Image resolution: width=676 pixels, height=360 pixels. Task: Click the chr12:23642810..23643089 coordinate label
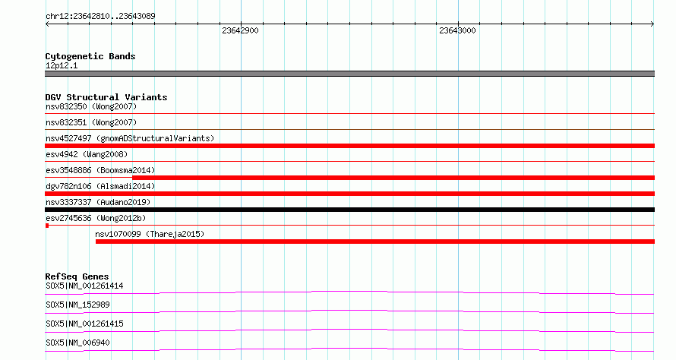pyautogui.click(x=100, y=17)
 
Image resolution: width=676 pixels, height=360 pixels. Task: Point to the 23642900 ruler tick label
pyautogui.click(x=240, y=30)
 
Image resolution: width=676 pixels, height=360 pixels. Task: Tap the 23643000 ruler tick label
pyautogui.click(x=457, y=30)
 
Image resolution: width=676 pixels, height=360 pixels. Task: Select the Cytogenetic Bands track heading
pyautogui.click(x=90, y=56)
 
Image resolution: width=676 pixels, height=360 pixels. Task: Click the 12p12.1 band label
pyautogui.click(x=62, y=65)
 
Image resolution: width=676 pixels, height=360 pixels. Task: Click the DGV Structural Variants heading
pyautogui.click(x=106, y=97)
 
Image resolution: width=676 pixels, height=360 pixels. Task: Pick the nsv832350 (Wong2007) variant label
pyautogui.click(x=91, y=106)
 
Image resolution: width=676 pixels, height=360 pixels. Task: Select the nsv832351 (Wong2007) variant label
pyautogui.click(x=91, y=122)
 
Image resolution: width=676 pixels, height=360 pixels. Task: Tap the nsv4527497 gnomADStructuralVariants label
pyautogui.click(x=130, y=138)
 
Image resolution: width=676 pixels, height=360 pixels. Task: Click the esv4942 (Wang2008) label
pyautogui.click(x=87, y=154)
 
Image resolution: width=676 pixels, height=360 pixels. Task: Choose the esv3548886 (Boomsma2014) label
pyautogui.click(x=100, y=170)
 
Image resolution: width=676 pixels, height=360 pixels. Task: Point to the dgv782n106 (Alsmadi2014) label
pyautogui.click(x=100, y=186)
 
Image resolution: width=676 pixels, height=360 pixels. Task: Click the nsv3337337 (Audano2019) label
pyautogui.click(x=98, y=202)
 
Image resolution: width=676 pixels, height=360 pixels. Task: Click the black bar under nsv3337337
pyautogui.click(x=349, y=210)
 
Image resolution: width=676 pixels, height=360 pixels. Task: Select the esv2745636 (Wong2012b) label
pyautogui.click(x=96, y=218)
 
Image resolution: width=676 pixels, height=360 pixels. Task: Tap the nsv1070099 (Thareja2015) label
pyautogui.click(x=150, y=234)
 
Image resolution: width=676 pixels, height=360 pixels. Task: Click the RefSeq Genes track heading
pyautogui.click(x=77, y=276)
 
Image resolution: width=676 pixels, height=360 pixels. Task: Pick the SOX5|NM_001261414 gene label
pyautogui.click(x=84, y=286)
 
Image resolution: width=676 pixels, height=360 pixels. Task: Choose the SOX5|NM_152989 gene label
pyautogui.click(x=77, y=305)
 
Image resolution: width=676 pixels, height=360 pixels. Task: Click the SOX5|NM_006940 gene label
pyautogui.click(x=77, y=343)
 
